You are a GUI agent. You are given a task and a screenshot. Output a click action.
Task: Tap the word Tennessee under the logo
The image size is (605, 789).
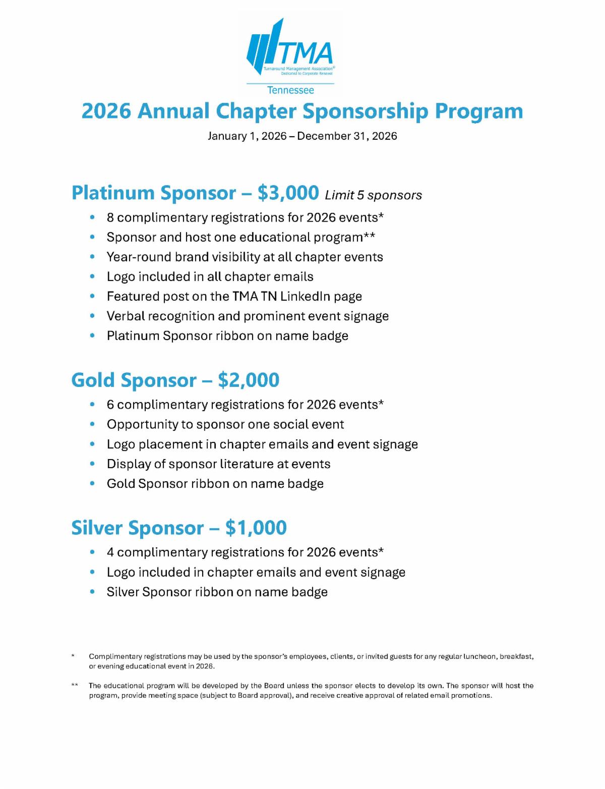click(290, 90)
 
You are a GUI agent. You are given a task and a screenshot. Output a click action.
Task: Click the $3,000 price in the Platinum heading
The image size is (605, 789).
click(288, 193)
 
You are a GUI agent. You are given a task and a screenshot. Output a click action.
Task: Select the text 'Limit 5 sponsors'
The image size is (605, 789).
click(374, 195)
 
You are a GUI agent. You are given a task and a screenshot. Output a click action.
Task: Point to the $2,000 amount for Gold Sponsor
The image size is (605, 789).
click(249, 380)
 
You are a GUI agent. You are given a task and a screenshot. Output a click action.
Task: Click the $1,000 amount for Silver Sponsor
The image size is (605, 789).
click(256, 528)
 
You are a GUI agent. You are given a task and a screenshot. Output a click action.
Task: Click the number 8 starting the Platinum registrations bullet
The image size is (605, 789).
click(110, 217)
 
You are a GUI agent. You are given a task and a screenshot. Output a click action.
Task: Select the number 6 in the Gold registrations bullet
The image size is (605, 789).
click(110, 405)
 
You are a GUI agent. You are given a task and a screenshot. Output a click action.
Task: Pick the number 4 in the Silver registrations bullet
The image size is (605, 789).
click(110, 552)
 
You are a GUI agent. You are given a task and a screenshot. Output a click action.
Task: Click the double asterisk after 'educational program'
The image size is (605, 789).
click(370, 236)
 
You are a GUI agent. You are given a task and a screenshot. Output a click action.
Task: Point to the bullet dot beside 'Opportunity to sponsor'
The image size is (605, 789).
click(92, 425)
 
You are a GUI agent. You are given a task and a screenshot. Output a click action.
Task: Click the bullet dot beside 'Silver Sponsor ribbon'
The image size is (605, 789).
click(92, 592)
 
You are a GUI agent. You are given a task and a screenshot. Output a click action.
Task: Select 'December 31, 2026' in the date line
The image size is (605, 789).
click(347, 136)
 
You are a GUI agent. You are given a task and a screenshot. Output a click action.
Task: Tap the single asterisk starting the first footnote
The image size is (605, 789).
click(74, 656)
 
